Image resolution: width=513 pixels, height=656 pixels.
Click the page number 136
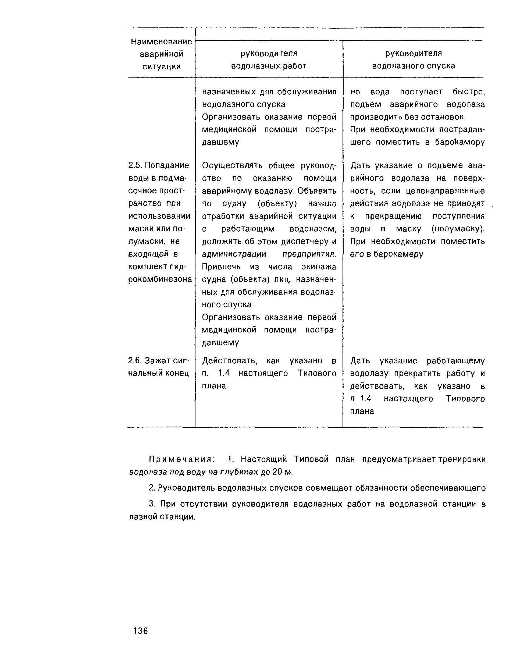click(141, 630)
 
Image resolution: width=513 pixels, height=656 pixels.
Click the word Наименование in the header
click(161, 42)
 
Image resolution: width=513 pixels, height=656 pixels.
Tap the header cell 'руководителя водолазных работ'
click(269, 59)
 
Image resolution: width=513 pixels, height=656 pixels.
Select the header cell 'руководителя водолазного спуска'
click(413, 59)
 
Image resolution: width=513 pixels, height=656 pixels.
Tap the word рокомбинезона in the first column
click(160, 279)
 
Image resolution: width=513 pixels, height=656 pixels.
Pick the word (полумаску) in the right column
click(458, 229)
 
